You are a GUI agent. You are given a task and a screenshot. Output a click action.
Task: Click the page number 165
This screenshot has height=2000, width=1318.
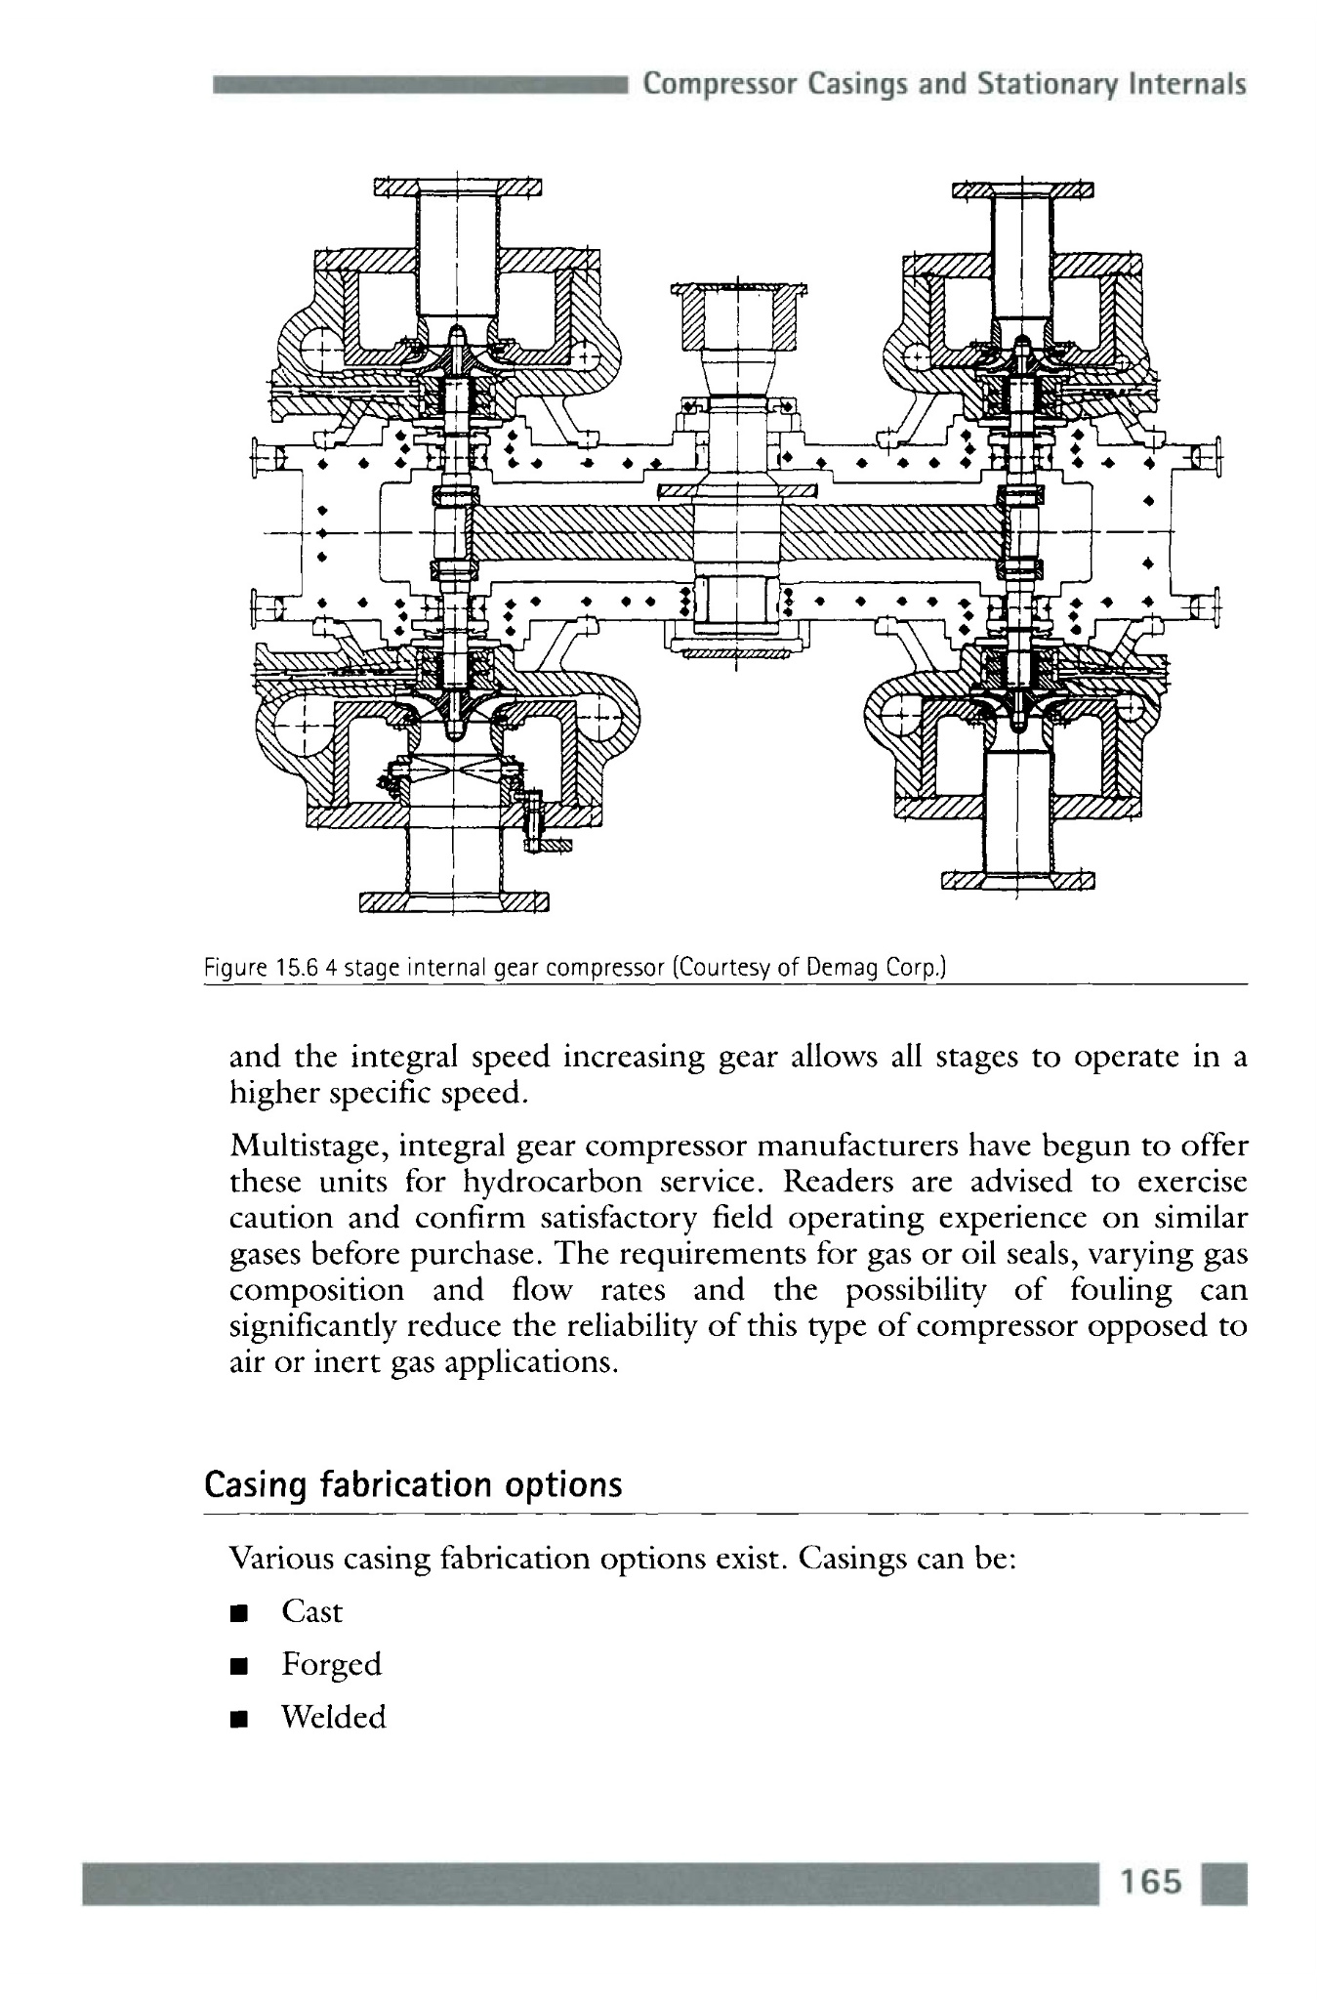click(1151, 1881)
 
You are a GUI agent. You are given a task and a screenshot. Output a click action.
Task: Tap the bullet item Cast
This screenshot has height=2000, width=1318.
click(311, 1611)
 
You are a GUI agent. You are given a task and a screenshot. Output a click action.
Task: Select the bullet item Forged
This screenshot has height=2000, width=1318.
click(331, 1664)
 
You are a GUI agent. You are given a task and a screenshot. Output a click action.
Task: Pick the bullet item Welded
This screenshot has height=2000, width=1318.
click(333, 1717)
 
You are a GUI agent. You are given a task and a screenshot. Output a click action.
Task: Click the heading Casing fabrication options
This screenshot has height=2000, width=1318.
click(412, 1485)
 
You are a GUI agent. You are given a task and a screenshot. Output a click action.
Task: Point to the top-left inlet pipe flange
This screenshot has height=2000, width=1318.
click(458, 187)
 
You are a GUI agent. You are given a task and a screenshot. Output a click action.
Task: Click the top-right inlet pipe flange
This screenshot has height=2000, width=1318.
click(1022, 188)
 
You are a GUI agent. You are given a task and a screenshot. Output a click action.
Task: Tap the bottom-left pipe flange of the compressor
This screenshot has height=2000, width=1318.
click(454, 900)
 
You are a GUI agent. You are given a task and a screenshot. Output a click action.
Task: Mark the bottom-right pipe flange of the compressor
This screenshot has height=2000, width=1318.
click(1016, 882)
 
